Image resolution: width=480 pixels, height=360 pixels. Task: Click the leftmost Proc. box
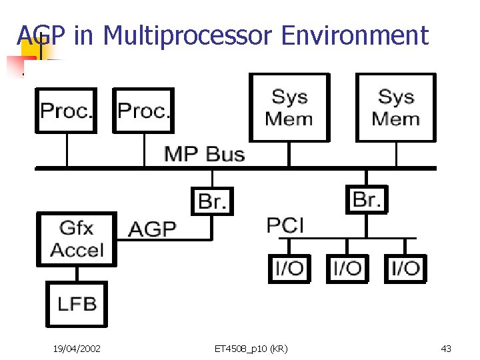pyautogui.click(x=66, y=110)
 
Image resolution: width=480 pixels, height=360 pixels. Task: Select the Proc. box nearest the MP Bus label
pyautogui.click(x=143, y=110)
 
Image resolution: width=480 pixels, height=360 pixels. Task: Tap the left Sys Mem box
pyautogui.click(x=289, y=107)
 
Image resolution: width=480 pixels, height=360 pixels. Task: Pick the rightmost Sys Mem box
pyautogui.click(x=395, y=107)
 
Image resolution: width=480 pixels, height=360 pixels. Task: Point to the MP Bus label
pyautogui.click(x=204, y=154)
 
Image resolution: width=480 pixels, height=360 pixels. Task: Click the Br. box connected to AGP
pyautogui.click(x=213, y=201)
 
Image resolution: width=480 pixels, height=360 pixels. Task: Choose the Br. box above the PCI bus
pyautogui.click(x=366, y=199)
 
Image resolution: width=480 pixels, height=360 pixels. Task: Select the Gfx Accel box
pyautogui.click(x=77, y=239)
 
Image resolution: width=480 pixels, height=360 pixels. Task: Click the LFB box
pyautogui.click(x=77, y=304)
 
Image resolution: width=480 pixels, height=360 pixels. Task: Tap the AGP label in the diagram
pyautogui.click(x=152, y=229)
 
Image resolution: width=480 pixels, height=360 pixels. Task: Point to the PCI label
pyautogui.click(x=285, y=225)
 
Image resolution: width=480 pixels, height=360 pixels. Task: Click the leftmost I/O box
pyautogui.click(x=289, y=269)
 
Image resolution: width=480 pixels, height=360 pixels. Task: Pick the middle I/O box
pyautogui.click(x=347, y=269)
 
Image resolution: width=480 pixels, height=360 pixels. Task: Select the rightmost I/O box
pyautogui.click(x=405, y=269)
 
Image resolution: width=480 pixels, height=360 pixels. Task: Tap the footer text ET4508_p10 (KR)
pyautogui.click(x=251, y=348)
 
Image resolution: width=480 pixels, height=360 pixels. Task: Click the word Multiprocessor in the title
pyautogui.click(x=188, y=35)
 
